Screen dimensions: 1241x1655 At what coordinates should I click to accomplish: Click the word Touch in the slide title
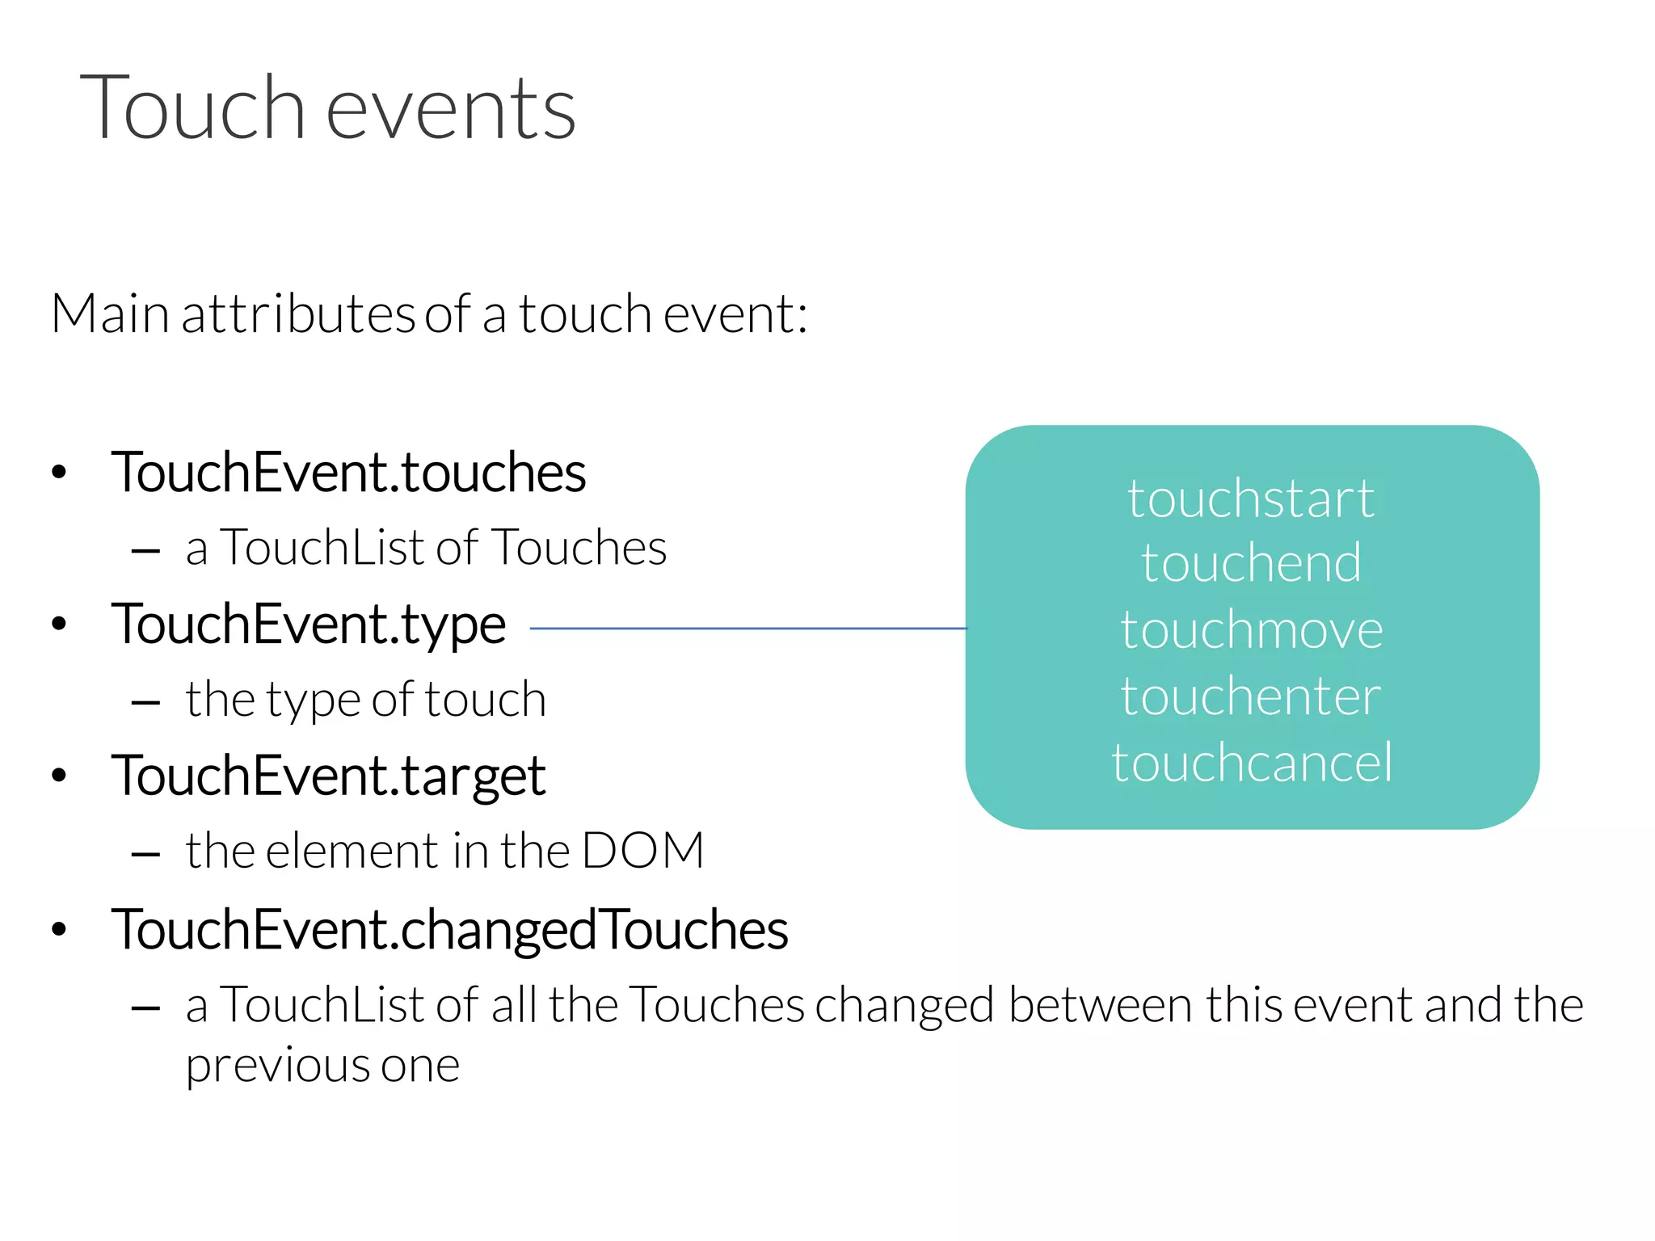coord(192,108)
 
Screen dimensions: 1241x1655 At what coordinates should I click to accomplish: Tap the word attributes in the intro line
coord(298,314)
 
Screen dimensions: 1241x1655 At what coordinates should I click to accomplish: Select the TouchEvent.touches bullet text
coord(348,473)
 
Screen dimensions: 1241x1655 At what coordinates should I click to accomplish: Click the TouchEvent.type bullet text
coord(309,625)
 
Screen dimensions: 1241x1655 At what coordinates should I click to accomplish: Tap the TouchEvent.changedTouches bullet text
coord(449,930)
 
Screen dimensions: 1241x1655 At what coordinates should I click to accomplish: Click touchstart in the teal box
coord(1251,499)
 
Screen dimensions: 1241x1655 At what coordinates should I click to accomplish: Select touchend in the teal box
coord(1251,563)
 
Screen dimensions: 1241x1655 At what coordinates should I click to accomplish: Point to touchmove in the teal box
coord(1251,629)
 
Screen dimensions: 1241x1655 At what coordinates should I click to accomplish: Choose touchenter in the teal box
coord(1251,696)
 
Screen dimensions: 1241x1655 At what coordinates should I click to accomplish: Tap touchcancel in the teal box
coord(1251,762)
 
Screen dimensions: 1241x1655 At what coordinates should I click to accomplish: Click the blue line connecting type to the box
coord(747,628)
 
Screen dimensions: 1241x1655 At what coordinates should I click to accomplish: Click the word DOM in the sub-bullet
coord(642,851)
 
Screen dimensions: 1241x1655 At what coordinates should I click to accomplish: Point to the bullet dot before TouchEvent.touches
coord(58,473)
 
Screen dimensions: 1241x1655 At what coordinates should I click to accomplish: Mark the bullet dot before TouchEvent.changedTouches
coord(58,930)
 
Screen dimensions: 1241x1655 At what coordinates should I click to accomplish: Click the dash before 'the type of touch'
coord(145,703)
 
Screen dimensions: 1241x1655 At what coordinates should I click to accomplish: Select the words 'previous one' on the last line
coord(322,1066)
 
